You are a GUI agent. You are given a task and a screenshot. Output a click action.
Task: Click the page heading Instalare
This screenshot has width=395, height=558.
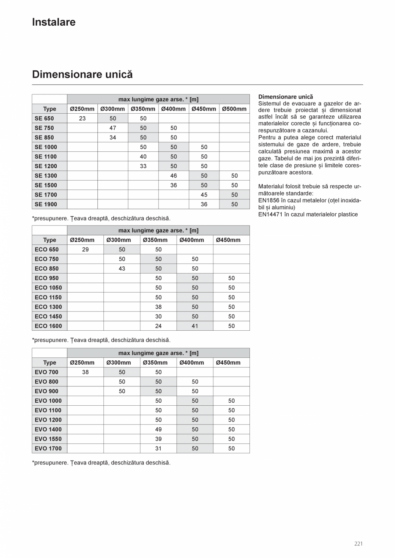(54, 22)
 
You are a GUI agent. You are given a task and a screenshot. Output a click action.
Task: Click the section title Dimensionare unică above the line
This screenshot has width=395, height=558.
(82, 75)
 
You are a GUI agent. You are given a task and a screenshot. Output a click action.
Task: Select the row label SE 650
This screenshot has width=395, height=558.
(44, 118)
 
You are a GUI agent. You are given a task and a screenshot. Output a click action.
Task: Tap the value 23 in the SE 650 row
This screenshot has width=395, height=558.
(82, 118)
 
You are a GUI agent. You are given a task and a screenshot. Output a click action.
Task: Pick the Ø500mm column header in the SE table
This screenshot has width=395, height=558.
(234, 109)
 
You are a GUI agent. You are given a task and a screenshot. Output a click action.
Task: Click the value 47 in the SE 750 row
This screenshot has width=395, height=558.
(113, 128)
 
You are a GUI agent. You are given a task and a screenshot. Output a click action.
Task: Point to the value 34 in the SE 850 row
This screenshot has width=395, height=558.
(113, 138)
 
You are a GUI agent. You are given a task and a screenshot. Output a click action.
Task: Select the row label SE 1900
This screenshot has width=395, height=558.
(46, 205)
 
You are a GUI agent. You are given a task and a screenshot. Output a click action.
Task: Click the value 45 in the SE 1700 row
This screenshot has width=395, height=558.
(204, 195)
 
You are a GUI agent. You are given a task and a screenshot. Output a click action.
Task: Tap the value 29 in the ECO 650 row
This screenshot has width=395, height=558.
(85, 250)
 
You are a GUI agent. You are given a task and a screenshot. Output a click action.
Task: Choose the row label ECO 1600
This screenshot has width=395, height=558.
(48, 326)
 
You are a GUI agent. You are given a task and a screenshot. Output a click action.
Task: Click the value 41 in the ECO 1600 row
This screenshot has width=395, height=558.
(195, 326)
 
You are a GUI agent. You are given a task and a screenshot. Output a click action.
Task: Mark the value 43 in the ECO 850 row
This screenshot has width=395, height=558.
(122, 268)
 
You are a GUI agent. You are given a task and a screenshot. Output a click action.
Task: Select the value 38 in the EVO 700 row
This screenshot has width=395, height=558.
(85, 372)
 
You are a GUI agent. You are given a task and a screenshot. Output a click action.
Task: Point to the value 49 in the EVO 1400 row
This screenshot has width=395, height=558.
(158, 429)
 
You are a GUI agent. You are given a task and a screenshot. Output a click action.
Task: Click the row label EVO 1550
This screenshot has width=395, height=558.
(48, 439)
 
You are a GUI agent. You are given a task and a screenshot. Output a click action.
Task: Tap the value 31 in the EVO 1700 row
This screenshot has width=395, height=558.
(158, 449)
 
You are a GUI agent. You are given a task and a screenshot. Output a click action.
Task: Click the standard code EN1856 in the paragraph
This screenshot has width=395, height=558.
(268, 200)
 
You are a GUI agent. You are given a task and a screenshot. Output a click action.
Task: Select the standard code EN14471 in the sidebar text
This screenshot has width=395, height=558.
(270, 214)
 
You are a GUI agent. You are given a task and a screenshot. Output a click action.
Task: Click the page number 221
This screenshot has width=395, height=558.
(359, 544)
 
